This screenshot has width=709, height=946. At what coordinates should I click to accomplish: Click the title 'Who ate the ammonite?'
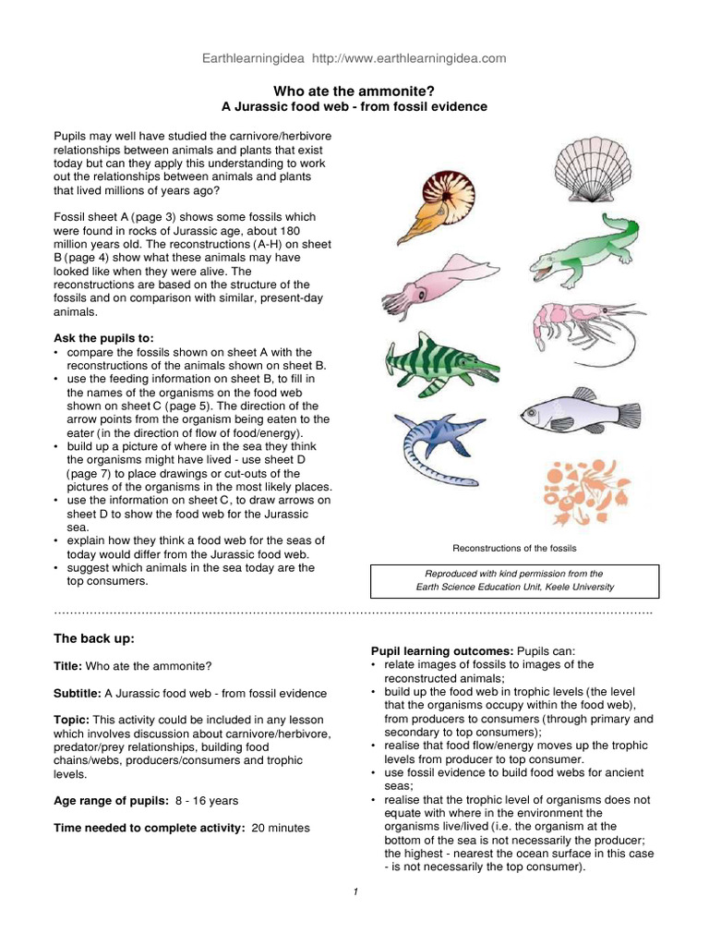coord(354,91)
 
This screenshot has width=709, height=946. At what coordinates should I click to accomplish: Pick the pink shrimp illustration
coord(582,330)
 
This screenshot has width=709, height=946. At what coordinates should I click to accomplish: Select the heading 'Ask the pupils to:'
coord(104,338)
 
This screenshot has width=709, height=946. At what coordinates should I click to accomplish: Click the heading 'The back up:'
coord(94,638)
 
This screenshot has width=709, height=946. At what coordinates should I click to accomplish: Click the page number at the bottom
coord(354,891)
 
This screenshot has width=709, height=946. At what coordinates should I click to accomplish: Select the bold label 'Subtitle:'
coord(78,693)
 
